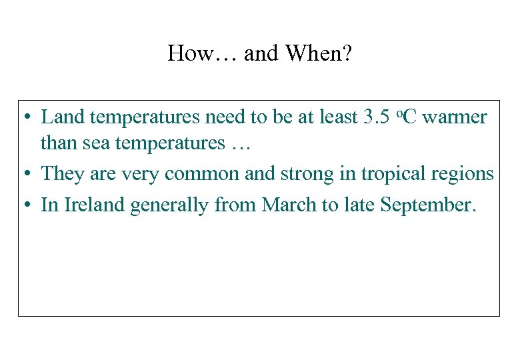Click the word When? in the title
click(x=319, y=53)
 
